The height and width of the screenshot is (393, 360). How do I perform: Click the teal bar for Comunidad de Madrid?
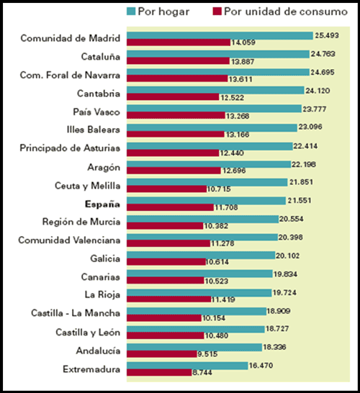click(220, 35)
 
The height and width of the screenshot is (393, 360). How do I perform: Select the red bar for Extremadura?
click(159, 372)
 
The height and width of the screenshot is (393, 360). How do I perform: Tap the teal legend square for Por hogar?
click(131, 12)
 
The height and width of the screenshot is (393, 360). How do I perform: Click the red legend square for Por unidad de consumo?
click(217, 12)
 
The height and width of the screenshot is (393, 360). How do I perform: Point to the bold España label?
click(102, 204)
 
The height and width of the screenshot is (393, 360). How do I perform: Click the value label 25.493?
click(327, 35)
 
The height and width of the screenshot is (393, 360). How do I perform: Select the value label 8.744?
click(202, 372)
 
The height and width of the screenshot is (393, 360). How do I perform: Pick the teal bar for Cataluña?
click(218, 54)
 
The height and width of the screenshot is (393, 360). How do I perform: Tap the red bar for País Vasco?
click(176, 115)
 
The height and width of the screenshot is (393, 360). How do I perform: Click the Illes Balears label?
click(94, 130)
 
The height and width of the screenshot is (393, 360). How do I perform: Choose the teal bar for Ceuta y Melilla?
click(207, 182)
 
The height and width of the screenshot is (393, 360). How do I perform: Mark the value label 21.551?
click(300, 201)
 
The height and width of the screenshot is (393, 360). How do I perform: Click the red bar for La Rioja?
click(169, 299)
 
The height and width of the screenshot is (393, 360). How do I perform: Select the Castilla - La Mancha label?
click(76, 313)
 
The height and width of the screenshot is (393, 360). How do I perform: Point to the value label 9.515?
click(207, 354)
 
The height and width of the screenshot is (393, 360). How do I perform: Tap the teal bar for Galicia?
click(201, 256)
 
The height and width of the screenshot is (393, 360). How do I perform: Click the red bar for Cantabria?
click(173, 97)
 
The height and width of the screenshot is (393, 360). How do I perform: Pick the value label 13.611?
click(240, 79)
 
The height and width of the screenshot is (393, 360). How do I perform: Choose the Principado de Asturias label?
click(70, 148)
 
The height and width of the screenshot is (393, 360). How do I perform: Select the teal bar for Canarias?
click(199, 274)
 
